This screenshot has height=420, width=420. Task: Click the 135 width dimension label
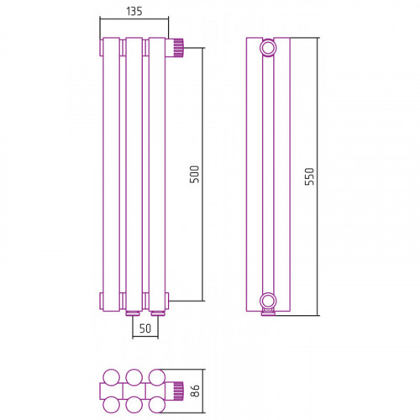click(x=134, y=12)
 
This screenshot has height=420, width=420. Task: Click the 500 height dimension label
click(x=194, y=174)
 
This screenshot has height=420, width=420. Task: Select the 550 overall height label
click(x=309, y=176)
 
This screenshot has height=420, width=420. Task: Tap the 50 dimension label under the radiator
click(x=145, y=328)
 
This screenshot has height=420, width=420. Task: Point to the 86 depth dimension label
click(x=195, y=391)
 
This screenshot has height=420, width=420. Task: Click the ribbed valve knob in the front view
click(x=177, y=48)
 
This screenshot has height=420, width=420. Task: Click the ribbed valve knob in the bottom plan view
click(x=178, y=391)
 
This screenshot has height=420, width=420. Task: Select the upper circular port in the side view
click(x=268, y=48)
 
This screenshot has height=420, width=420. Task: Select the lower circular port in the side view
click(x=268, y=302)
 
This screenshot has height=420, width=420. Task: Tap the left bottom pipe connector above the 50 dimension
click(x=133, y=313)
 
